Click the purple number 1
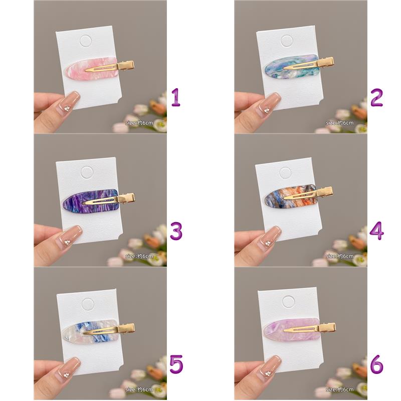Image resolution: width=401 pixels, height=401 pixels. tap(176, 97)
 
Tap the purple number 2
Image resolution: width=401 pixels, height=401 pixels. tap(377, 97)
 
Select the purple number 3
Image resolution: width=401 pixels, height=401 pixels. tap(176, 231)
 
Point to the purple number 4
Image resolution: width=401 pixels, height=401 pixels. tap(377, 231)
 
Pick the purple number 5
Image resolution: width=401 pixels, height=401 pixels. tap(176, 364)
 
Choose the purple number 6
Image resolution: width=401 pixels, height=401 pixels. tap(377, 364)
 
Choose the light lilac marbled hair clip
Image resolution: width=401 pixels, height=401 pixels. tap(299, 329)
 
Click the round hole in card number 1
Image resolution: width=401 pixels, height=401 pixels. tap(86, 42)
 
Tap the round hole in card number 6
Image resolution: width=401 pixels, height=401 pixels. tap(289, 302)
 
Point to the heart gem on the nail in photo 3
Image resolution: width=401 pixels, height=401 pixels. tap(67, 242)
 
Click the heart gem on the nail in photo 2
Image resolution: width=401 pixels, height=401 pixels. tap(267, 110)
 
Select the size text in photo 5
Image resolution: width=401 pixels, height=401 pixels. tap(139, 389)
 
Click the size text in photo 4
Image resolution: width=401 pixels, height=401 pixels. tap(340, 256)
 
